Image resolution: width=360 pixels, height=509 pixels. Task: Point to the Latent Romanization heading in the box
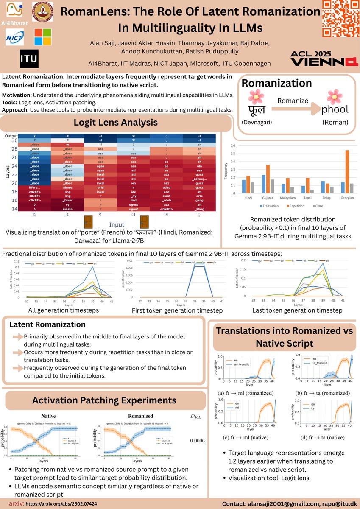[47, 324]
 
